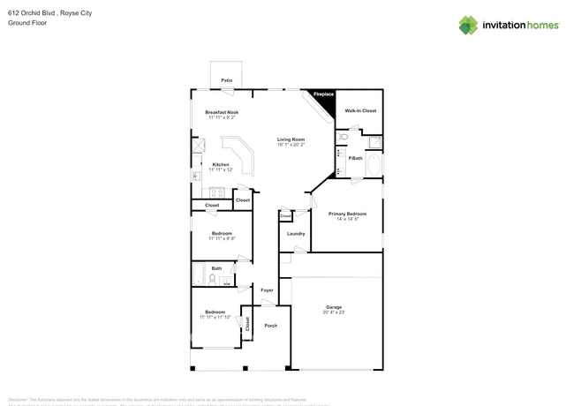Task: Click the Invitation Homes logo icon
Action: [468, 25]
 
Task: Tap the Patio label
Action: [227, 80]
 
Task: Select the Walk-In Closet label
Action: [360, 111]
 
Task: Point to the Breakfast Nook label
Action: [222, 112]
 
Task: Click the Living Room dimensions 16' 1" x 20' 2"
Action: [291, 145]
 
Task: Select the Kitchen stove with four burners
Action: [215, 193]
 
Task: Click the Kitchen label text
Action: [221, 164]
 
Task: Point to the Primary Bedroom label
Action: [347, 214]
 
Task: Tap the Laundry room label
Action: [296, 234]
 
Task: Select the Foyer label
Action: [267, 289]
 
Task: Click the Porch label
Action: [271, 326]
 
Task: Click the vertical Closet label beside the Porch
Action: [247, 324]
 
